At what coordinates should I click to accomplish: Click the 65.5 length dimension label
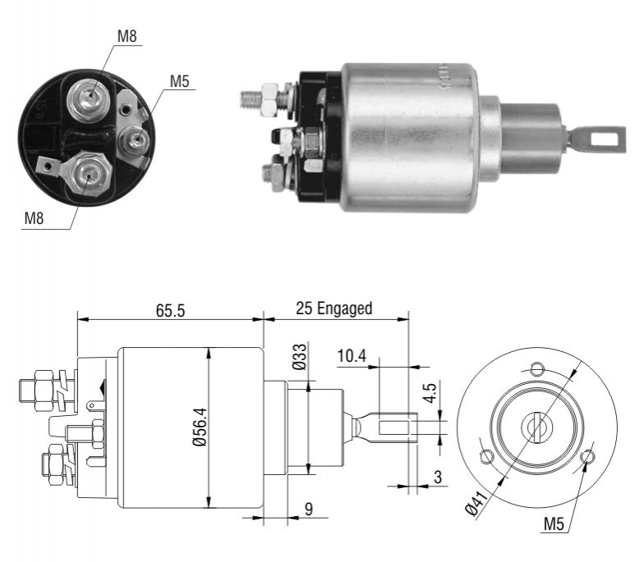click(171, 310)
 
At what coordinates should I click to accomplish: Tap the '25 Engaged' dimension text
click(333, 308)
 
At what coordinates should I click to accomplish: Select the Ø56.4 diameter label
click(201, 427)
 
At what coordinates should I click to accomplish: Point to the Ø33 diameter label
click(300, 356)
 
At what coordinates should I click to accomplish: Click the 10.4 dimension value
click(352, 356)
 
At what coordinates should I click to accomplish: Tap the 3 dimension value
click(438, 477)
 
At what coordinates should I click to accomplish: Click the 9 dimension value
click(309, 509)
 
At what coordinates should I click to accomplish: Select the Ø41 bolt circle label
click(476, 502)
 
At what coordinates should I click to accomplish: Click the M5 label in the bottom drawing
click(554, 523)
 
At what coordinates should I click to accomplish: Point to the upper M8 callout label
click(126, 36)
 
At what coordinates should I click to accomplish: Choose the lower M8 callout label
click(34, 218)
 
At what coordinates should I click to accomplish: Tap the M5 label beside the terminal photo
click(180, 81)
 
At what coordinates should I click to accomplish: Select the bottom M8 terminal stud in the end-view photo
click(89, 174)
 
